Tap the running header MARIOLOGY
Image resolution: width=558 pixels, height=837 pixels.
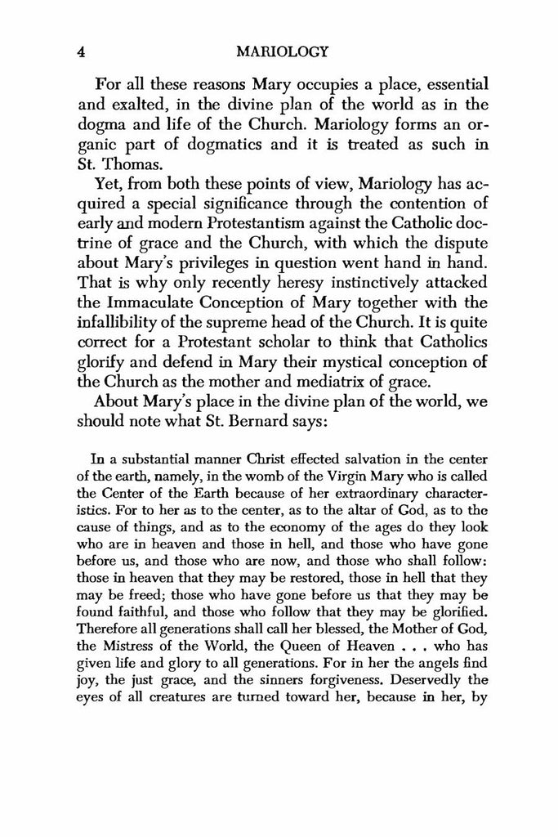(x=280, y=51)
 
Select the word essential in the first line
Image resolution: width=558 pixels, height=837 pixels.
(x=435, y=84)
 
